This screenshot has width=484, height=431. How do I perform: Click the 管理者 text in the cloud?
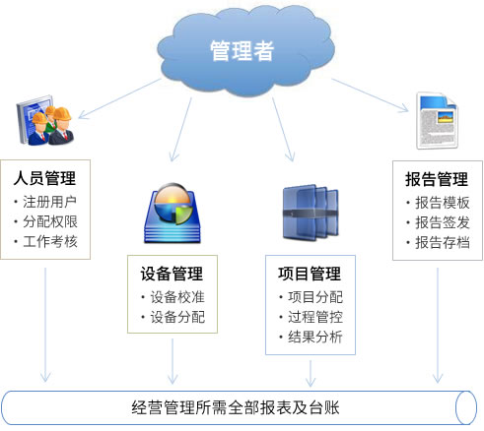[x=242, y=51]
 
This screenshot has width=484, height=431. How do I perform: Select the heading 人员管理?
[x=44, y=178]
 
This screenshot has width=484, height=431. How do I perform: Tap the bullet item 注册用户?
[x=49, y=202]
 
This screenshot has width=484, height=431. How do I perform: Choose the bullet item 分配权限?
[x=50, y=221]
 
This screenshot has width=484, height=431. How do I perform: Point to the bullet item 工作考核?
[x=50, y=242]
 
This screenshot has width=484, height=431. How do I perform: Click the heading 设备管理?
[x=172, y=274]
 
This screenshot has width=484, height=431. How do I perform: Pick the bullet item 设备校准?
[x=177, y=297]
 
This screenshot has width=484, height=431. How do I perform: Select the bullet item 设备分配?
[x=177, y=317]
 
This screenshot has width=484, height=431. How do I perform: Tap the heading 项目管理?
[x=310, y=274]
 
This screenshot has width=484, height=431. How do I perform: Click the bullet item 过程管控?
[x=315, y=317]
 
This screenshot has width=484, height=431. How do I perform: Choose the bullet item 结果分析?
[x=315, y=337]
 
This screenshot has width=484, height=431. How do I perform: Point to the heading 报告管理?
[x=437, y=179]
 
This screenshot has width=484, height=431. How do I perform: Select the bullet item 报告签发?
[x=443, y=222]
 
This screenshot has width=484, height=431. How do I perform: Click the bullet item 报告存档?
[x=443, y=243]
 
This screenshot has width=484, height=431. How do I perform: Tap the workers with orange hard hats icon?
[x=45, y=120]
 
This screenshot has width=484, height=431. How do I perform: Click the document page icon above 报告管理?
[x=437, y=121]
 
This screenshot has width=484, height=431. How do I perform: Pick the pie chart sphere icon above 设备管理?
[x=173, y=214]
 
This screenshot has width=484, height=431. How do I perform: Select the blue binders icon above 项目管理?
[x=311, y=213]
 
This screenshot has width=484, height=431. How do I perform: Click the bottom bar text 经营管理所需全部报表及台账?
[x=236, y=408]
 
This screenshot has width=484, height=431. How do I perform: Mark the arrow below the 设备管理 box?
[x=173, y=361]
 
